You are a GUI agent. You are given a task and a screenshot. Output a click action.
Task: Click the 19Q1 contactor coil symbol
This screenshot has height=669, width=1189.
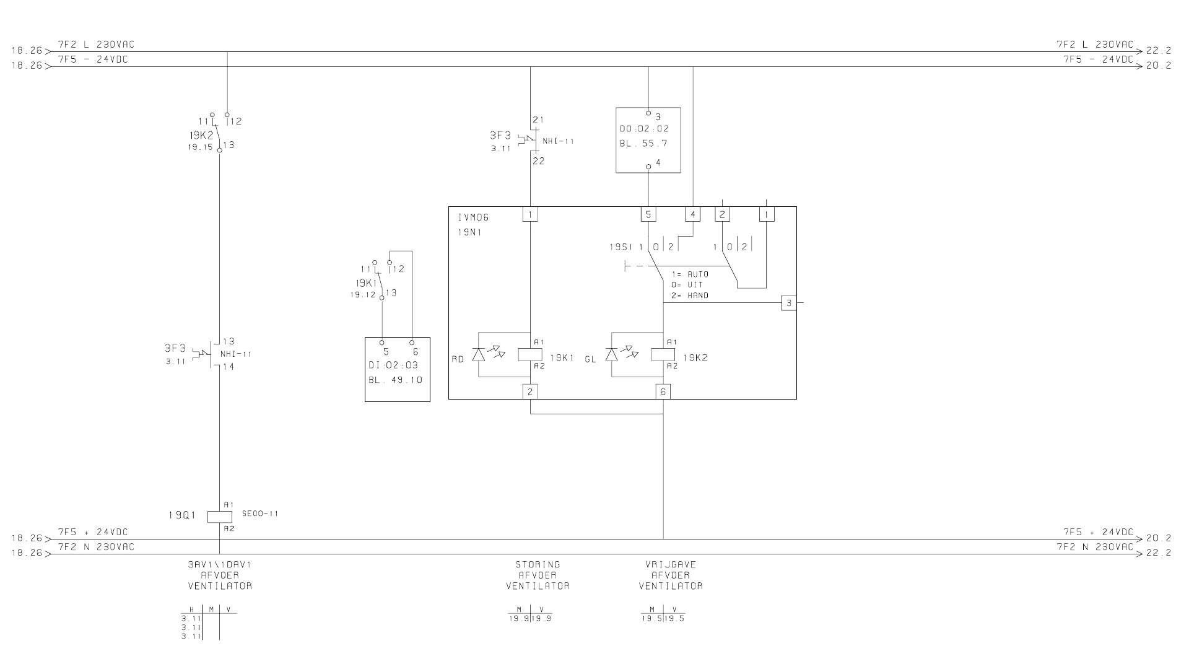[219, 516]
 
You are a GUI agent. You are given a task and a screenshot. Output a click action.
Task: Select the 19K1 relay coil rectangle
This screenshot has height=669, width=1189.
[530, 355]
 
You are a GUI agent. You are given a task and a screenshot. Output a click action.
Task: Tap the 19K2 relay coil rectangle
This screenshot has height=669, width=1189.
[663, 355]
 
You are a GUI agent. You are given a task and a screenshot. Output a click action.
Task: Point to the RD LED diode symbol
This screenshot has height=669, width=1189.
[478, 354]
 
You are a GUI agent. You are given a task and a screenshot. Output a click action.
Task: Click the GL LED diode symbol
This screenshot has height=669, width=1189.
[612, 354]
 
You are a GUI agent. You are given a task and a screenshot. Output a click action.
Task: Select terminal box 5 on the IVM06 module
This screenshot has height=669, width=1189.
[648, 214]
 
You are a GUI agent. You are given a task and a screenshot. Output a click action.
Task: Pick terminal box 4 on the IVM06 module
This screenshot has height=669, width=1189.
[692, 214]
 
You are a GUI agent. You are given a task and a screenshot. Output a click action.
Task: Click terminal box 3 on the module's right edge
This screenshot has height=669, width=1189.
[789, 303]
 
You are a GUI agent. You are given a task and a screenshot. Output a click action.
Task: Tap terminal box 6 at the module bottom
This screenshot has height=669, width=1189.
[663, 391]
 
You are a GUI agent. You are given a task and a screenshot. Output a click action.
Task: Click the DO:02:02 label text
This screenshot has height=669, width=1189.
[645, 129]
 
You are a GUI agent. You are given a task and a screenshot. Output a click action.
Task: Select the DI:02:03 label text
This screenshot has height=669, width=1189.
[393, 365]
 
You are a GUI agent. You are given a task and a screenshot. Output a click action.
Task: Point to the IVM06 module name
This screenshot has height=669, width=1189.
[474, 217]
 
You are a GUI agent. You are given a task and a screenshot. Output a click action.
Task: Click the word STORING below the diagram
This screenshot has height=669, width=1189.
[538, 565]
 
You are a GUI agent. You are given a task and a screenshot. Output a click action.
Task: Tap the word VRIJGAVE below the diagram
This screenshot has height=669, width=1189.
[671, 565]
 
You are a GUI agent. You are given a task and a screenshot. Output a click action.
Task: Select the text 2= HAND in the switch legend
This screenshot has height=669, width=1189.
[690, 296]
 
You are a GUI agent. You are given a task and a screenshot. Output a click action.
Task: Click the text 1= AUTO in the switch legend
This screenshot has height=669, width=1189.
[690, 274]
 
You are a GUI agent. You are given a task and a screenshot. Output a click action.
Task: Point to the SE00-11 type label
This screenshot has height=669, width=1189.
[260, 514]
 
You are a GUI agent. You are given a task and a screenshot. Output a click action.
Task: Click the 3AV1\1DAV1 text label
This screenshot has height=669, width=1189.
[220, 565]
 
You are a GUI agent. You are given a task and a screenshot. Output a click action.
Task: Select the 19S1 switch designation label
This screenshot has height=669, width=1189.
[621, 247]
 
